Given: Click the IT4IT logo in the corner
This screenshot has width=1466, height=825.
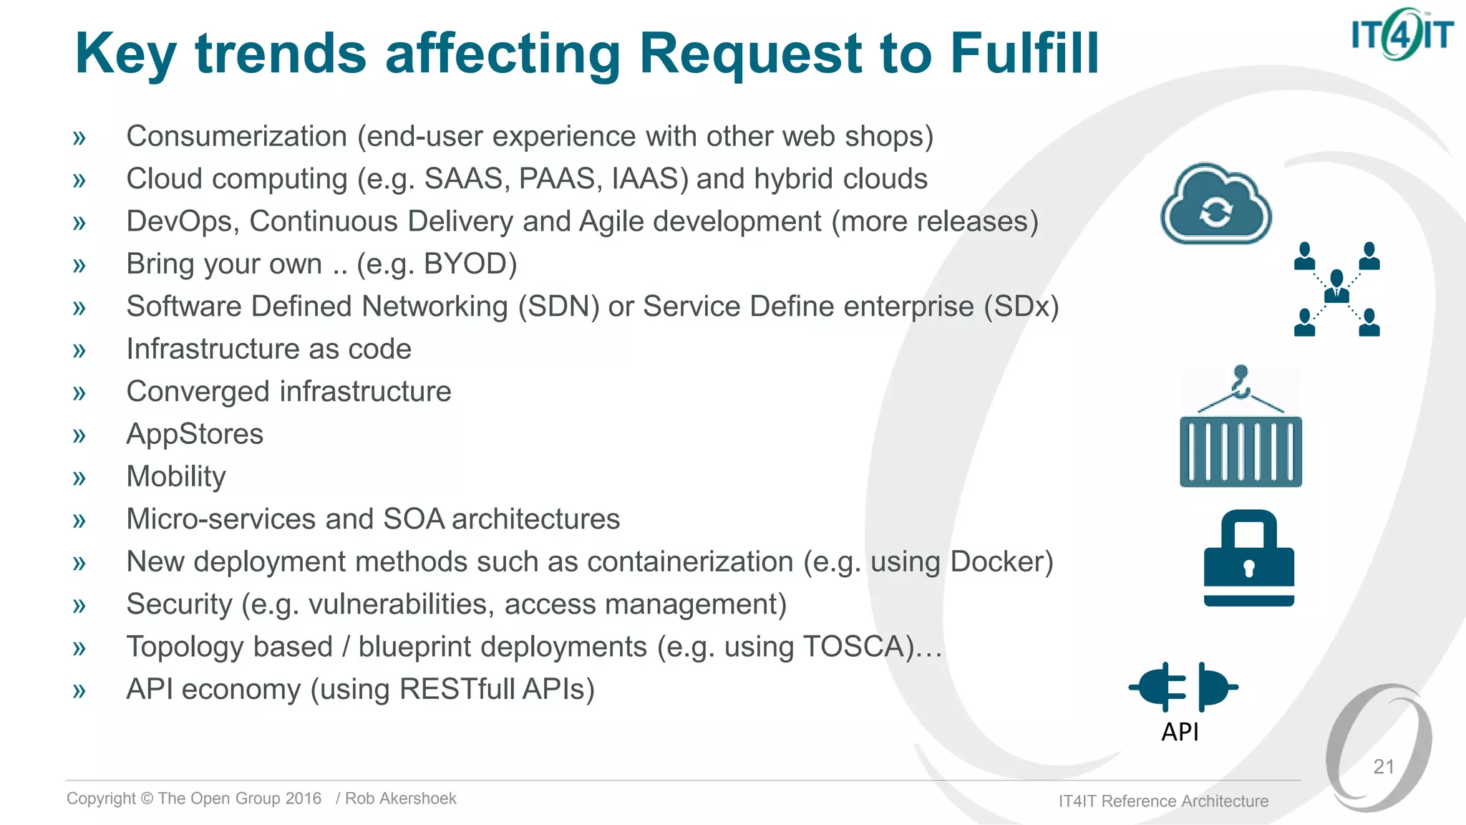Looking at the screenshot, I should [1401, 34].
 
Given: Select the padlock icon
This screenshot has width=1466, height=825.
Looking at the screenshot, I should [1249, 558].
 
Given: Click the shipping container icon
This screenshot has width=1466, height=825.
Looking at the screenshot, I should [1241, 450].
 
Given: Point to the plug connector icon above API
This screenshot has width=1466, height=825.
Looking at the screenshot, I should [1183, 686].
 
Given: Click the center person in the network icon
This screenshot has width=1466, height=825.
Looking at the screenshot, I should [1336, 286].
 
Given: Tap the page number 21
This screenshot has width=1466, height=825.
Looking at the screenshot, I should [1383, 766].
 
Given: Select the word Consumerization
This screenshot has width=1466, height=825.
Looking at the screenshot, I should [236, 136].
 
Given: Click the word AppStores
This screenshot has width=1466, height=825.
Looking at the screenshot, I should [195, 434].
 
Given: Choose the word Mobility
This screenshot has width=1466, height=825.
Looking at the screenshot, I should [176, 476].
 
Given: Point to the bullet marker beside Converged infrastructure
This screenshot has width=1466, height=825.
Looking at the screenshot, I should [79, 392].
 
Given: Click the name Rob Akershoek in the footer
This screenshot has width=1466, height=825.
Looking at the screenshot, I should [400, 799].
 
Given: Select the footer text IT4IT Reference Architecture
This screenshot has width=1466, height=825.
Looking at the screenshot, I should [1163, 801].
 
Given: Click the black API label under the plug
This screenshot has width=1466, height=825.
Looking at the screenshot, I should [1180, 732].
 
